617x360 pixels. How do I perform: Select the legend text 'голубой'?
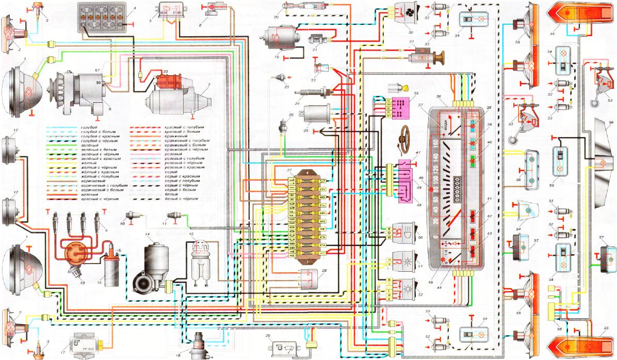click(x=83, y=127)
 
